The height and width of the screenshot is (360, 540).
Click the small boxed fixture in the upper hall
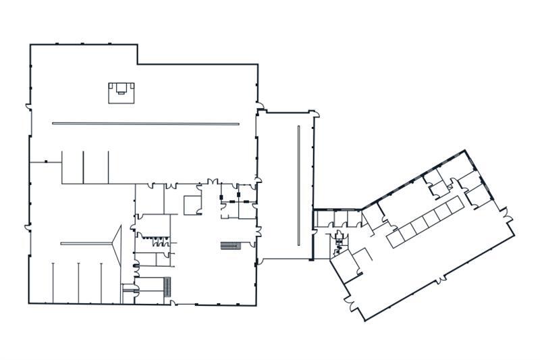pyautogui.click(x=121, y=91)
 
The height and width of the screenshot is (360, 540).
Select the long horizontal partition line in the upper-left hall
pyautogui.click(x=145, y=124)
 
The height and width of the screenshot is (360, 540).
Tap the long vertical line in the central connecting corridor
pyautogui.click(x=298, y=186)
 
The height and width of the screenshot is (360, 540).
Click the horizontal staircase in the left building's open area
pyautogui.click(x=231, y=245)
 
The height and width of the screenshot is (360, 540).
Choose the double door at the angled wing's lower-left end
pyautogui.click(x=350, y=301)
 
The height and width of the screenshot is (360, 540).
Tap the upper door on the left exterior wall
pyautogui.click(x=28, y=107)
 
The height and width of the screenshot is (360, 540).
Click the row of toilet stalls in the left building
pyautogui.click(x=152, y=236)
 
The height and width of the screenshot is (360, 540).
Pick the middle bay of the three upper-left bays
pyautogui.click(x=95, y=167)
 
